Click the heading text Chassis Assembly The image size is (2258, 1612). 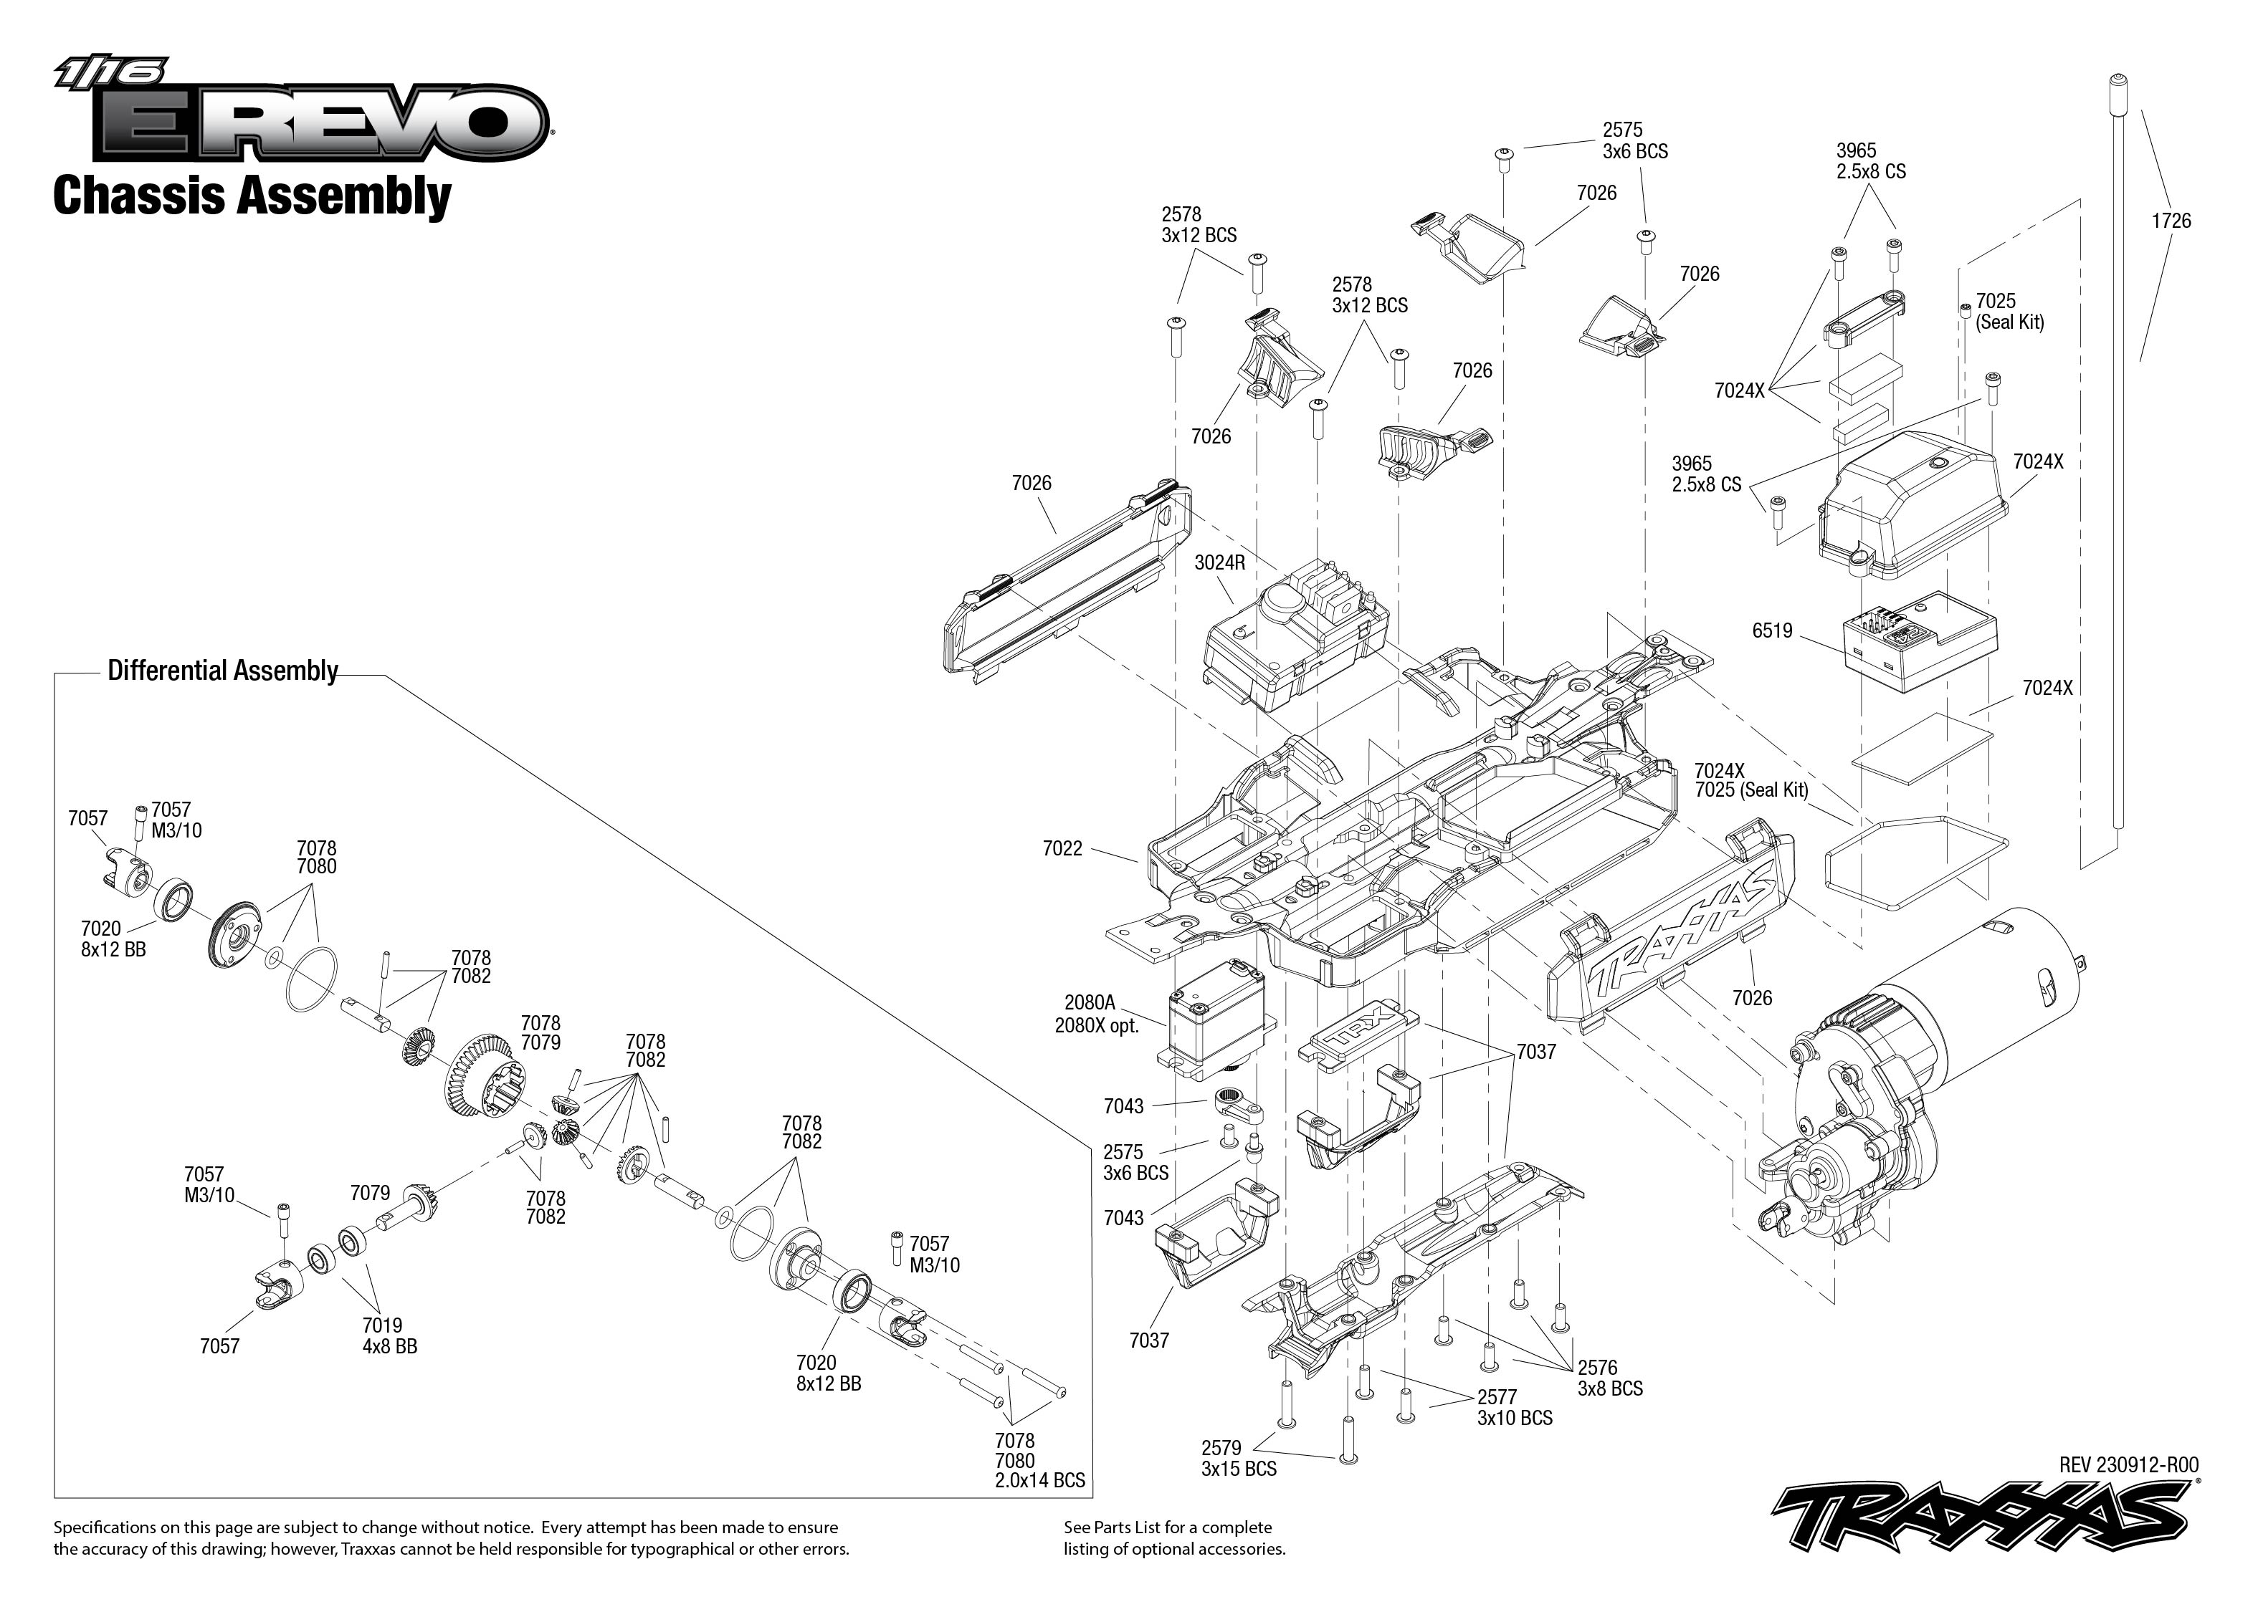[x=252, y=196]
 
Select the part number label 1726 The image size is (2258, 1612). [x=2171, y=221]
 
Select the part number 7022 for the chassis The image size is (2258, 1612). [x=1062, y=849]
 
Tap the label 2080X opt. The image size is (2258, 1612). [x=1095, y=1025]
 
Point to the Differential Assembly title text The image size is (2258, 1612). [x=222, y=671]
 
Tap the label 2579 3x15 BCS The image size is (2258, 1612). [x=1238, y=1458]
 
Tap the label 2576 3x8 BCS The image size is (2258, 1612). [x=1609, y=1378]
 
